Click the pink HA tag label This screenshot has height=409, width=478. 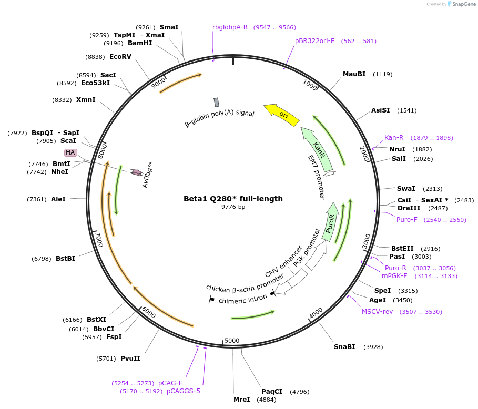coord(70,152)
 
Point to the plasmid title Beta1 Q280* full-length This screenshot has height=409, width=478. coord(233,199)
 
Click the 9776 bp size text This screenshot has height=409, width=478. coord(233,207)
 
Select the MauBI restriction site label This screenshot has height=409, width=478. coord(354,74)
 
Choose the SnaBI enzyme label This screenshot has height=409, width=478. coord(344,346)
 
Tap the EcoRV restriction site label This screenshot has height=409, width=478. coord(120,56)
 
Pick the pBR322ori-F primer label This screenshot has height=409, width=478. coord(314,40)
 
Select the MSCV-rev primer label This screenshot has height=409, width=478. coord(377,312)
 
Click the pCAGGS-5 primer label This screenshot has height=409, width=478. coord(184,391)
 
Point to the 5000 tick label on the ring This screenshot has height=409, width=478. coord(232,340)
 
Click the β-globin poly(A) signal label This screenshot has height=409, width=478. coord(220,112)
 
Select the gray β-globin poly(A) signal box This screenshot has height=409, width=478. coord(216,102)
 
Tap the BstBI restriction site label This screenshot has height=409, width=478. coord(65,258)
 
